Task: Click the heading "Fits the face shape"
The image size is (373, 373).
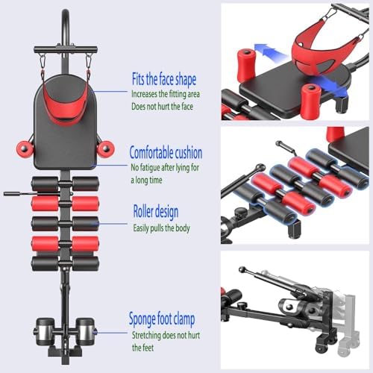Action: click(x=164, y=79)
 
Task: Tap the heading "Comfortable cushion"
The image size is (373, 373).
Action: click(x=166, y=152)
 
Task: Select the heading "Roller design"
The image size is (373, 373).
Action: click(x=156, y=212)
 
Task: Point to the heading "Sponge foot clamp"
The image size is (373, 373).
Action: click(x=162, y=319)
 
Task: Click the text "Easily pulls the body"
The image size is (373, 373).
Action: click(x=161, y=228)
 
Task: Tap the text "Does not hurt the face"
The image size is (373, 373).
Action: click(x=162, y=107)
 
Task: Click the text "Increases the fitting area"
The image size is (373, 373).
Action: click(x=166, y=94)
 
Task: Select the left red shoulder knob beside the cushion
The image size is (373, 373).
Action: click(x=25, y=148)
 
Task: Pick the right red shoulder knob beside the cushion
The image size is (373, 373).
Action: click(x=106, y=148)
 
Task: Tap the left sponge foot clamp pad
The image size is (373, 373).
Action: click(x=45, y=331)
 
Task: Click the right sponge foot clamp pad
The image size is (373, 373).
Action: click(x=85, y=331)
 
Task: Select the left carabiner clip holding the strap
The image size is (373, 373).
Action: click(x=42, y=61)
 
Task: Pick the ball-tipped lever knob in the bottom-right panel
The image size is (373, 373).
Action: click(x=242, y=269)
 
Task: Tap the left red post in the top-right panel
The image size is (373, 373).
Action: click(x=246, y=65)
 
